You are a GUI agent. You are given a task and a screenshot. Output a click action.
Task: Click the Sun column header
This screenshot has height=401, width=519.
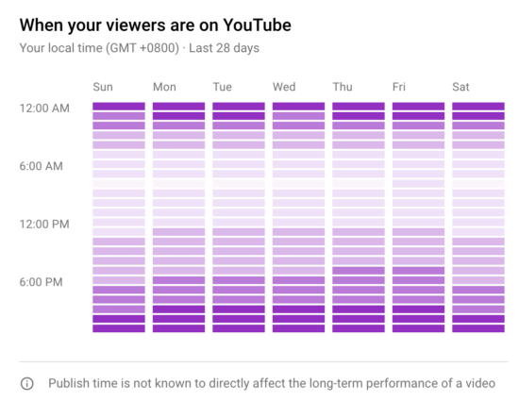(103, 87)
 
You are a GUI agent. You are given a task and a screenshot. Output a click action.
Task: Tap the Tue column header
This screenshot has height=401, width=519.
(223, 87)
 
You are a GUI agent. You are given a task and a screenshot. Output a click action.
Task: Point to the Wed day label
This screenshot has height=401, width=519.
(284, 87)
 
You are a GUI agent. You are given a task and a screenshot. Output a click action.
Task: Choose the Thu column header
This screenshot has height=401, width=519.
(343, 87)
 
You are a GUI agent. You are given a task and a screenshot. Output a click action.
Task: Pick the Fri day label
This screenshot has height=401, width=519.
(400, 87)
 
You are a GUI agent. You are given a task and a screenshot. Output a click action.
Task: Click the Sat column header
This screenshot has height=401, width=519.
(461, 87)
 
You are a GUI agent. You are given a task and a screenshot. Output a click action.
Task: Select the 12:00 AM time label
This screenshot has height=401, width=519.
(44, 109)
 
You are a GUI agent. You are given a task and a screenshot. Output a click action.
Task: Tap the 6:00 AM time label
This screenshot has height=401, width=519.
(42, 166)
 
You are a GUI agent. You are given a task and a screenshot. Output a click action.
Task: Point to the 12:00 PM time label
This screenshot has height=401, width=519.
(44, 224)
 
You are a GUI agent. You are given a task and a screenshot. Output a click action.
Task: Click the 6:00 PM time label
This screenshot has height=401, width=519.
(42, 281)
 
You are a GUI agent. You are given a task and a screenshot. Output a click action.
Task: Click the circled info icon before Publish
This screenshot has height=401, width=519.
(27, 384)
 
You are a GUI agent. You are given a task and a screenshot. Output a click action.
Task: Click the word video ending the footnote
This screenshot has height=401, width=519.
(478, 384)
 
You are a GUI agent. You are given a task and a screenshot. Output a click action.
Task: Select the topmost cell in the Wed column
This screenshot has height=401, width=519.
(299, 107)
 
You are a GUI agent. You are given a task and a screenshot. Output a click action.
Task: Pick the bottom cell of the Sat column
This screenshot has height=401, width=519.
(478, 328)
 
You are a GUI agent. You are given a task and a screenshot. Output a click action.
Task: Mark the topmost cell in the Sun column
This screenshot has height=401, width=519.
(119, 107)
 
